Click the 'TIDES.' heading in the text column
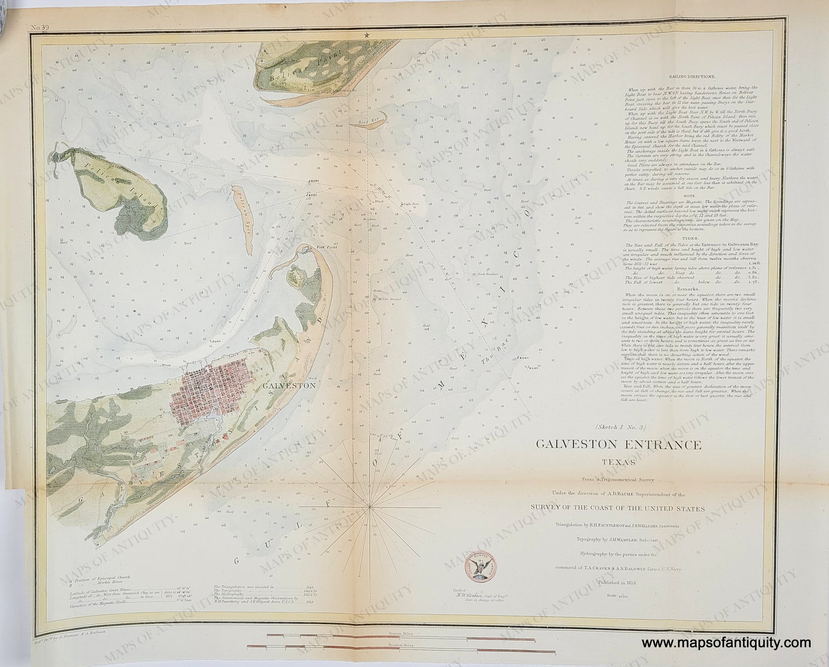coord(691,237)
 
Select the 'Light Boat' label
coord(410,203)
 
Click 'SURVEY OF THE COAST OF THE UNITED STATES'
coord(619,508)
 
